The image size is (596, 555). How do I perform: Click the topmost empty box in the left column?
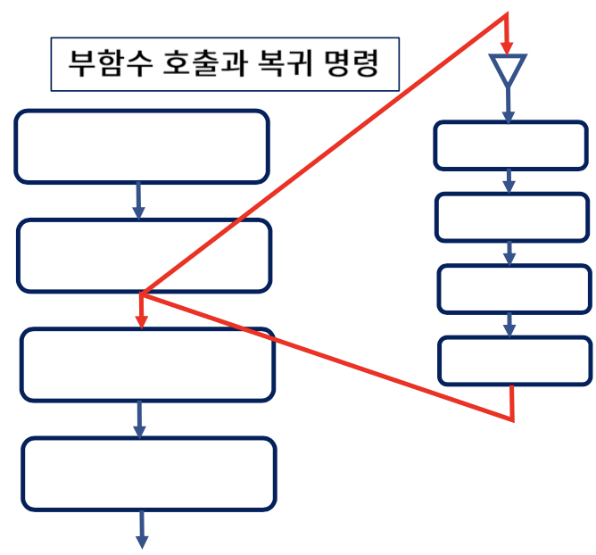tap(141, 146)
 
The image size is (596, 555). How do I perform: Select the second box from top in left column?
tap(144, 255)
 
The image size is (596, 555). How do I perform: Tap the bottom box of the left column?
tap(147, 474)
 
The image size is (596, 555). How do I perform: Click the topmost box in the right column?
tap(510, 145)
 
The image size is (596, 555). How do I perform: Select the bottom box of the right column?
tap(515, 360)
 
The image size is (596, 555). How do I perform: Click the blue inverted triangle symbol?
tap(508, 69)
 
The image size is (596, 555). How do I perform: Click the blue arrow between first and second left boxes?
tap(138, 201)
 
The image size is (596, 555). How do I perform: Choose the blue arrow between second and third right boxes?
tap(509, 253)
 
